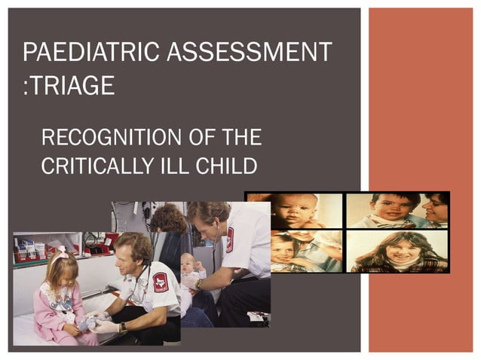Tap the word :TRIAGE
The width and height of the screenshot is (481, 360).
[x=69, y=85]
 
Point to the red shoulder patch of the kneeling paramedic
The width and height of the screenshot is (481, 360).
[x=160, y=282]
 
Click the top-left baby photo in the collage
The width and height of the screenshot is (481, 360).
[x=295, y=211]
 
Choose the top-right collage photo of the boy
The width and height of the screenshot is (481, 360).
[x=397, y=211]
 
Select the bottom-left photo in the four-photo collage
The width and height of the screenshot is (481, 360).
[x=295, y=251]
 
